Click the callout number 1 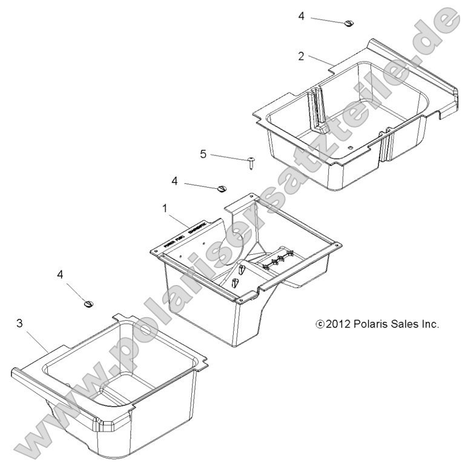tap(163, 208)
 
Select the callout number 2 tap(301, 56)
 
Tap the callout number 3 tap(20, 324)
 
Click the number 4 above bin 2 tap(301, 16)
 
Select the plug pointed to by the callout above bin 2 tap(349, 24)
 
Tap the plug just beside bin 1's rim tap(221, 189)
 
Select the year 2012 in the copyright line tap(339, 324)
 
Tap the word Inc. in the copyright tap(430, 324)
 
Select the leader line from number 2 tap(320, 61)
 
